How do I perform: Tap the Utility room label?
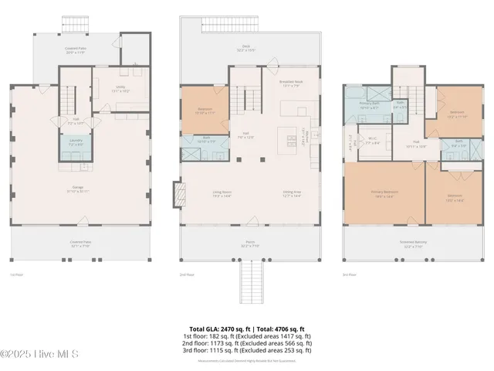tap(121, 89)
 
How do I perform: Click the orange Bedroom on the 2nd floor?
tap(205, 111)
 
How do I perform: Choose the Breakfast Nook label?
tap(289, 83)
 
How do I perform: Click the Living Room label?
tap(223, 195)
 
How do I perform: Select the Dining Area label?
tap(291, 195)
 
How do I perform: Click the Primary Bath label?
tap(370, 104)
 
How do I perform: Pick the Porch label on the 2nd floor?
tap(250, 243)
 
